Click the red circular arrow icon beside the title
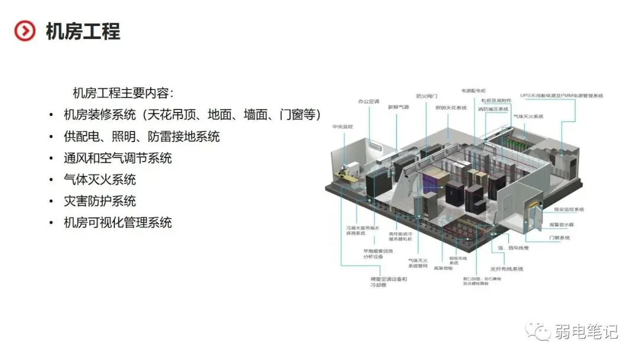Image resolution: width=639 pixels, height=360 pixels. click(25, 31)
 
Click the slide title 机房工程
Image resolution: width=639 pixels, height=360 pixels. click(83, 31)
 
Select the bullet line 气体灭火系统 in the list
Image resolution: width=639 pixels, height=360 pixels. click(100, 179)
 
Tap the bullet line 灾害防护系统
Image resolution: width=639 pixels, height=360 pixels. click(100, 201)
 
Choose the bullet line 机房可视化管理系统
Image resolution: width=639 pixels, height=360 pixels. click(118, 223)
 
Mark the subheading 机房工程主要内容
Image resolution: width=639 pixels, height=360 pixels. click(122, 93)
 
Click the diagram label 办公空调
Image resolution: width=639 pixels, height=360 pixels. click(368, 101)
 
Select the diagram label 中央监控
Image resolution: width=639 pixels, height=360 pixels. click(342, 127)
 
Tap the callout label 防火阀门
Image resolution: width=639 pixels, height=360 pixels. click(426, 95)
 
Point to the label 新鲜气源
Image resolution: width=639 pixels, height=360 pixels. click(398, 107)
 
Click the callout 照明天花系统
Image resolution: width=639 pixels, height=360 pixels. click(451, 108)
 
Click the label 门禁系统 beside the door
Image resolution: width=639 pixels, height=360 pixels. click(559, 238)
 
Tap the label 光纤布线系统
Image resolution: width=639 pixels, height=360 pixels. click(507, 269)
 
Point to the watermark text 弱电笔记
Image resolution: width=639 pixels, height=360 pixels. click(586, 332)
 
